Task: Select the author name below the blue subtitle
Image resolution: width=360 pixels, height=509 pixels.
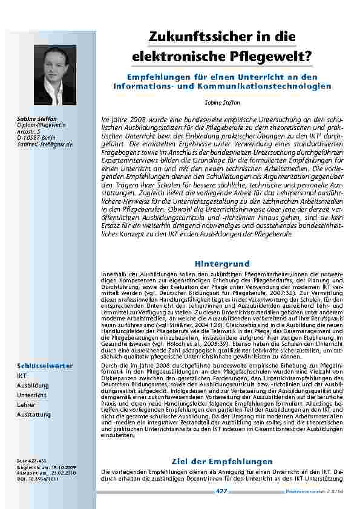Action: click(x=222, y=103)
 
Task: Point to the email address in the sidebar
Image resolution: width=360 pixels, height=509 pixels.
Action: click(x=44, y=144)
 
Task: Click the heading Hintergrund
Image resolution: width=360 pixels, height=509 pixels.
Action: click(x=221, y=264)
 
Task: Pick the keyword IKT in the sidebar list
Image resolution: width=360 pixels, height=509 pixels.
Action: click(x=21, y=375)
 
